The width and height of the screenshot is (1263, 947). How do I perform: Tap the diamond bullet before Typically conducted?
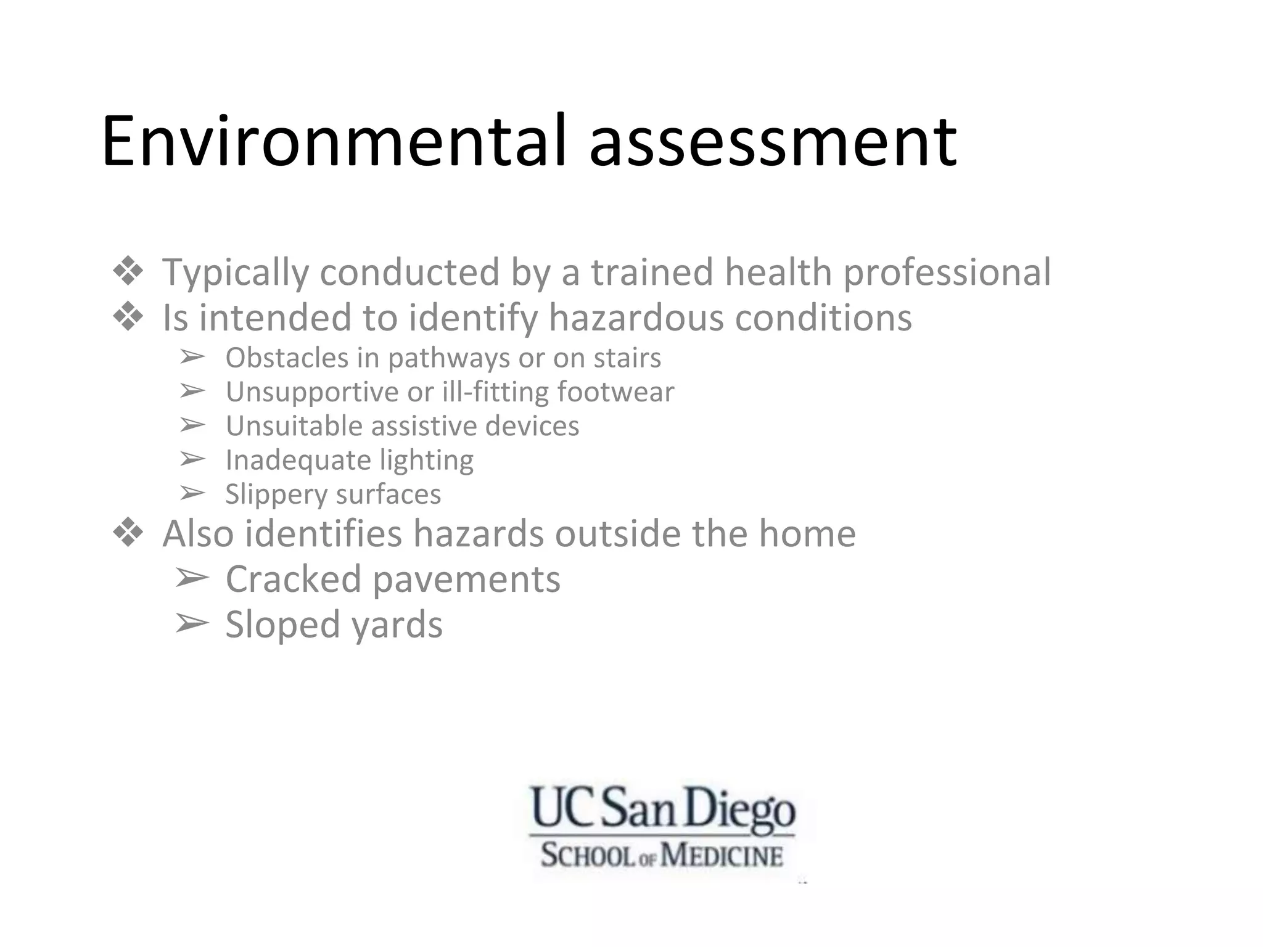128,272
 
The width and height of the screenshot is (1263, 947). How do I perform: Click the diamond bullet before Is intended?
128,318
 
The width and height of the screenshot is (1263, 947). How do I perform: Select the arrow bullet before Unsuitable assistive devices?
192,425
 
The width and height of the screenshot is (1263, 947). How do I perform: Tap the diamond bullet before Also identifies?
128,533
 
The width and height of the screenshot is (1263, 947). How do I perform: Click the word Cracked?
294,580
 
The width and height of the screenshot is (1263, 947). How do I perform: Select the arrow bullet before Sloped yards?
191,624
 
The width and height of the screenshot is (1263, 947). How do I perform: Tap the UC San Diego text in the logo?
663,808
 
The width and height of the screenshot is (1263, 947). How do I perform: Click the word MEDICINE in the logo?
722,856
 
